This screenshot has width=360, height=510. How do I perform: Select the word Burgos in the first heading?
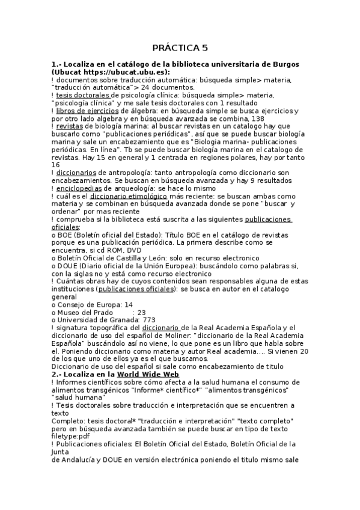tap(281, 64)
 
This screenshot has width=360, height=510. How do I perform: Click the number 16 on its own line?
tap(56, 165)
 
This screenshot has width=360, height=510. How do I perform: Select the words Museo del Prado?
tap(83, 313)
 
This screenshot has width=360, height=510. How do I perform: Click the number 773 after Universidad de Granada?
tap(149, 321)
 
